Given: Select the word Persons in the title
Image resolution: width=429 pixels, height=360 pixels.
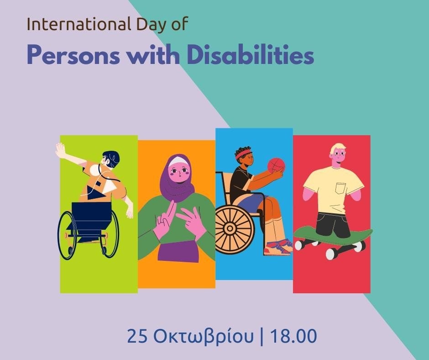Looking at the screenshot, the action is (x=73, y=56).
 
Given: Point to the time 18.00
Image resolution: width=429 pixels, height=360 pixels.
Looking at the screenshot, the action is (x=293, y=336).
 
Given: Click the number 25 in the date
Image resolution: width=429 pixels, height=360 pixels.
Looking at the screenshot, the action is (x=138, y=336).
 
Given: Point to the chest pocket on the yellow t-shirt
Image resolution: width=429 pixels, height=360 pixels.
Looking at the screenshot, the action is (x=341, y=188).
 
